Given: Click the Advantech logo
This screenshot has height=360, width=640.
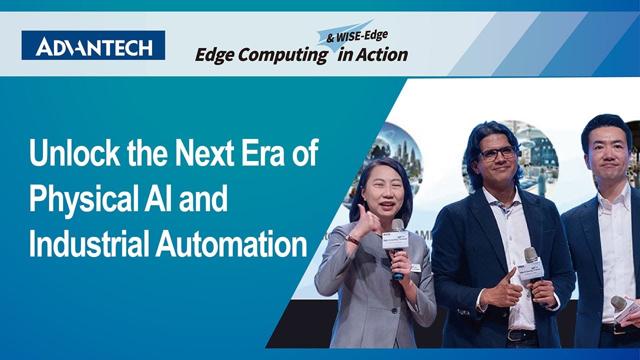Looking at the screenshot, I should [x=93, y=45].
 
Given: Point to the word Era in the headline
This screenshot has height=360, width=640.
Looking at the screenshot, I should [x=261, y=154].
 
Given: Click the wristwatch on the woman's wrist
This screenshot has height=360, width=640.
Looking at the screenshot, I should [x=352, y=239].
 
